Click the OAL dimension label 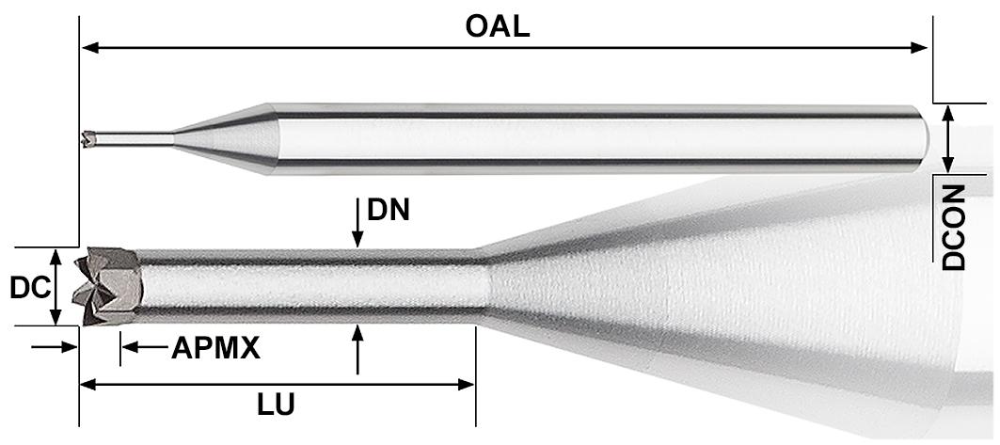[x=498, y=26]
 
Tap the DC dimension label [x=29, y=289]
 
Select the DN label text [x=388, y=210]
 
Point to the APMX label [x=215, y=349]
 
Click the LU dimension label [x=277, y=405]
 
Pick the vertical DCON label [x=954, y=228]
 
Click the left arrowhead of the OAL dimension [x=90, y=48]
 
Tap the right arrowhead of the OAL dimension [x=919, y=48]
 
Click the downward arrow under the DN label [x=357, y=222]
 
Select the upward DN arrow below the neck [x=357, y=349]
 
